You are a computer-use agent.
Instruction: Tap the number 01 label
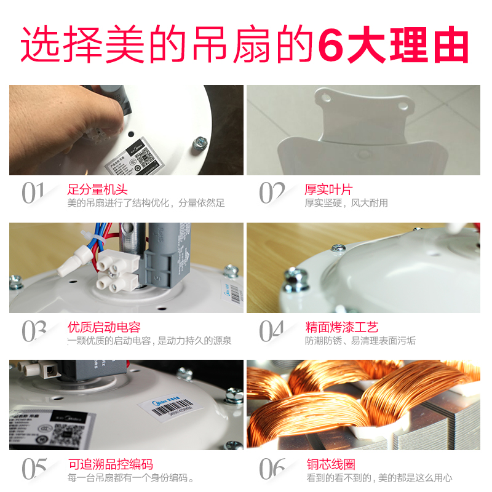[x=33, y=193]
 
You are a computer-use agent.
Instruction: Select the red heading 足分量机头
[x=97, y=189]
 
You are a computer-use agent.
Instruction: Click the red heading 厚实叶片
[x=328, y=189]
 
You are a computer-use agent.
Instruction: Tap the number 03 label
[x=34, y=331]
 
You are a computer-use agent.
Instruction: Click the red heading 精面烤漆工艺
[x=341, y=327]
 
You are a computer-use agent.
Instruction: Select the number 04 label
[x=271, y=331]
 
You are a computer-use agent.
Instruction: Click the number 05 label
[x=34, y=469]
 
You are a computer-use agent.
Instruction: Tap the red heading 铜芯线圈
[x=330, y=465]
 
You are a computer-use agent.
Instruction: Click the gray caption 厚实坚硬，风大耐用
[x=346, y=203]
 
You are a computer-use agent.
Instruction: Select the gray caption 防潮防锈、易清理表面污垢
[x=360, y=341]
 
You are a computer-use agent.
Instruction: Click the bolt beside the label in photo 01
[x=200, y=143]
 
